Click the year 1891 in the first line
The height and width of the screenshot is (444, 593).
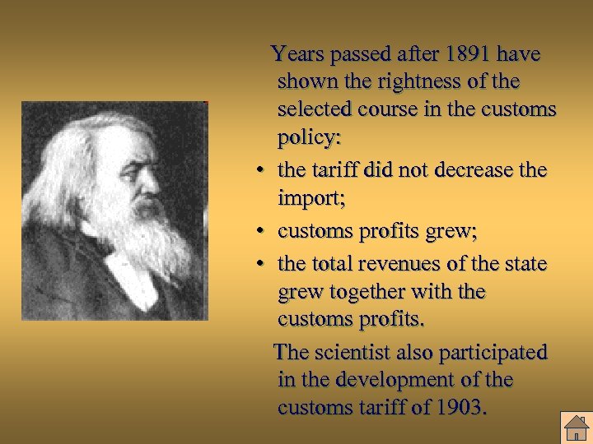pyautogui.click(x=469, y=54)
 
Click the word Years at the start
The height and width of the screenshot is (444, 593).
pyautogui.click(x=299, y=54)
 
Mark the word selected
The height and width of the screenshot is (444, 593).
pyautogui.click(x=314, y=109)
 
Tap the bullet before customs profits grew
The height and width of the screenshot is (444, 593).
pyautogui.click(x=259, y=233)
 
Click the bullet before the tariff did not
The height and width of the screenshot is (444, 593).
pyautogui.click(x=259, y=171)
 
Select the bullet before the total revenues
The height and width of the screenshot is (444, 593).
pyautogui.click(x=259, y=264)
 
